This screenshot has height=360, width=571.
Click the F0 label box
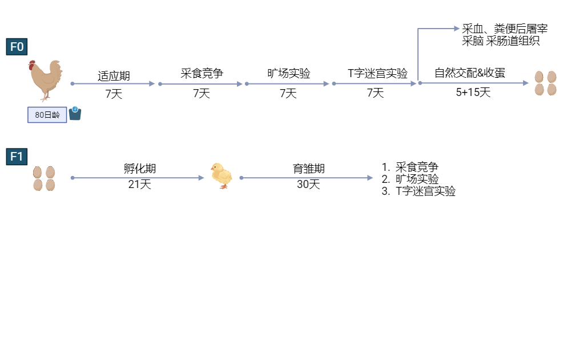(17, 47)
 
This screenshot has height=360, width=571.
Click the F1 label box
(17, 157)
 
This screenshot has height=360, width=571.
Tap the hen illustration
(46, 81)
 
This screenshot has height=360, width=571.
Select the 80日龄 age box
(47, 115)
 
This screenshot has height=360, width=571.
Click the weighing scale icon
(75, 113)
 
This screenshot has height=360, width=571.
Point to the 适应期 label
(114, 76)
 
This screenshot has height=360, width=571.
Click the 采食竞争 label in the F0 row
(202, 73)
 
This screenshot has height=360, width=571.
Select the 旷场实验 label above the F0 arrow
(289, 73)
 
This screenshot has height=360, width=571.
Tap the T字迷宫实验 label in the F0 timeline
(377, 73)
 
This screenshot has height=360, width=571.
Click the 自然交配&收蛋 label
(470, 73)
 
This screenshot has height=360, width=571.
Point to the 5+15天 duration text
(473, 92)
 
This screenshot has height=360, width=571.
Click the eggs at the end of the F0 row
(545, 83)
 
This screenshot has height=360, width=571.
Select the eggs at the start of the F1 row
(44, 178)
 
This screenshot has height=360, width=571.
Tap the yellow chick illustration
(222, 175)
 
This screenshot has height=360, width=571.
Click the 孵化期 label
(140, 169)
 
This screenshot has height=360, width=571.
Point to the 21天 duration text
(139, 185)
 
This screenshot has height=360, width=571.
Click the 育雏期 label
(308, 169)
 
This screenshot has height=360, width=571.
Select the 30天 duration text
(308, 185)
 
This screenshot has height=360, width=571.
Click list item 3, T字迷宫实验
(419, 191)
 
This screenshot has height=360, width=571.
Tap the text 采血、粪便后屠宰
(505, 29)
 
